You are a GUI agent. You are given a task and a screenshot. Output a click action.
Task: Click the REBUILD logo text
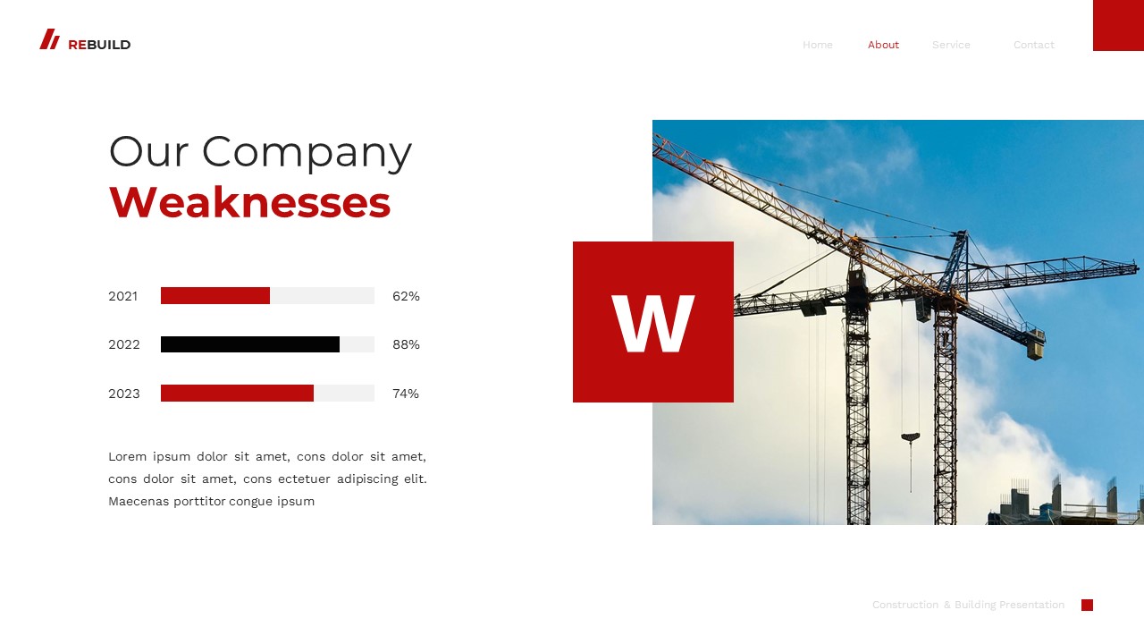pos(99,45)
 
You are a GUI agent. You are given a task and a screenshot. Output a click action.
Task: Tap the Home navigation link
pos(817,45)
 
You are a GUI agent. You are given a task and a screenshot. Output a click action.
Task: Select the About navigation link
pos(883,45)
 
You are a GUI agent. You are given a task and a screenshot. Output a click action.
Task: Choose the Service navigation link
pos(951,45)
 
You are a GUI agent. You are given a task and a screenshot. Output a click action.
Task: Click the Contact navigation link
pos(1033,45)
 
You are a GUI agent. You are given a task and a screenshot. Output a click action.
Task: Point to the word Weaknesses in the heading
pos(249,202)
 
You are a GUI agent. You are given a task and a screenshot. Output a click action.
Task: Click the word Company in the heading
pos(307,151)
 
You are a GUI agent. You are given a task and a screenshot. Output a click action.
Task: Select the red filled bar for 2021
pos(215,296)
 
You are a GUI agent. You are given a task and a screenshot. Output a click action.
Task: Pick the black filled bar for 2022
pos(250,344)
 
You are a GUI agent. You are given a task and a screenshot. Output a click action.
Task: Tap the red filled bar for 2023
pos(237,394)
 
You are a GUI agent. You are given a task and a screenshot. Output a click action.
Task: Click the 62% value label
pos(406,296)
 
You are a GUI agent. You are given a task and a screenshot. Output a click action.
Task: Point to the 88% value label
pos(406,344)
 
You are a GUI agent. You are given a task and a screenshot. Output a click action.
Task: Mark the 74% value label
pos(406,394)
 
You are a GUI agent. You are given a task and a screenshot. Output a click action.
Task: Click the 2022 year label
pos(124,344)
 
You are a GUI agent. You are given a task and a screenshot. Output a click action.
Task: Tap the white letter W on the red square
pos(653,323)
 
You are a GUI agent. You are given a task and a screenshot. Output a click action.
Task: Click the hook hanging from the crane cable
pos(911,438)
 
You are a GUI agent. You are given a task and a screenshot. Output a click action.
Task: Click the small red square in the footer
pos(1087,605)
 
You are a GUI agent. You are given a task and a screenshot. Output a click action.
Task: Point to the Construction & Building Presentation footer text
pos(968,605)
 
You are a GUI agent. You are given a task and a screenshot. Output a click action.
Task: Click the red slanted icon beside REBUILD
pos(49,39)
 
